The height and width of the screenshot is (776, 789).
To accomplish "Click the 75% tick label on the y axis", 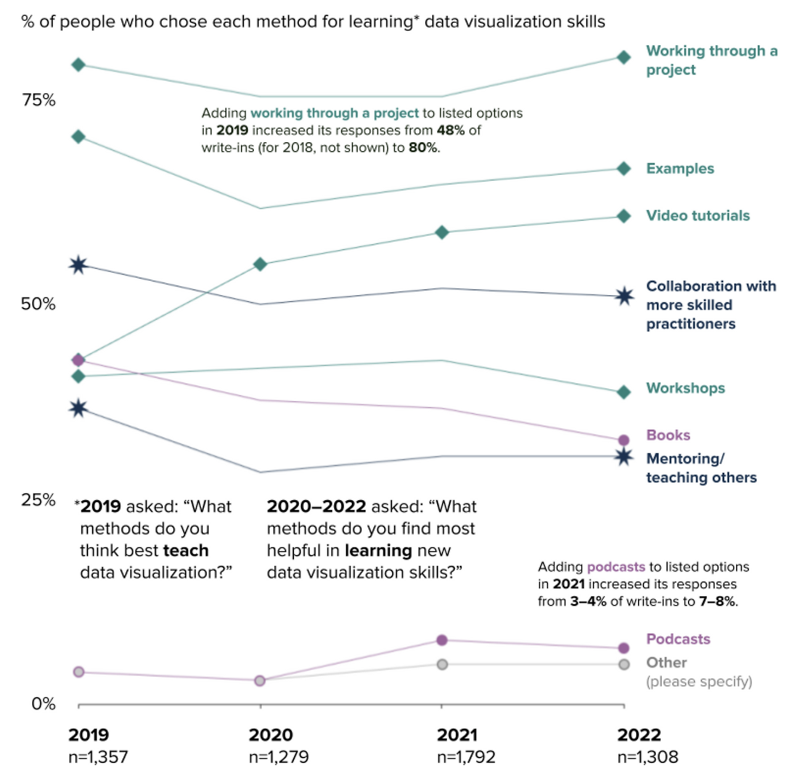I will (38, 100).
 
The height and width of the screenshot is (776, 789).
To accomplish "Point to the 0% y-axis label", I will (43, 703).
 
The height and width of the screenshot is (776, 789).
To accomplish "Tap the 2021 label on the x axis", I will (457, 735).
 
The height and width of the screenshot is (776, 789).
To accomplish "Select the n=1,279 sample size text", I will (279, 757).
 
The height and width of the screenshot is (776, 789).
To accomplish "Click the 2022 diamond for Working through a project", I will (624, 57).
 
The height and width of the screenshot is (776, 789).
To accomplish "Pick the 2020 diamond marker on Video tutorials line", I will (260, 265).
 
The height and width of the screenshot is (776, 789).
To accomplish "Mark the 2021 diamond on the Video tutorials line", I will (442, 232).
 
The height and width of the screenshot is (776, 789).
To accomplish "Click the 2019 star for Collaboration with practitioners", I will (78, 265).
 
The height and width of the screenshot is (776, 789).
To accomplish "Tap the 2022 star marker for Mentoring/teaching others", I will (624, 456).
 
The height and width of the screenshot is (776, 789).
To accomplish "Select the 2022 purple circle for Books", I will (624, 440).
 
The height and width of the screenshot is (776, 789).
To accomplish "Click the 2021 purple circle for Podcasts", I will (442, 641).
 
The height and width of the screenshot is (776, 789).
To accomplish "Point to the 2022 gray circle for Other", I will (624, 665).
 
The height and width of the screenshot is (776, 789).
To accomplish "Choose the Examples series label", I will (680, 169).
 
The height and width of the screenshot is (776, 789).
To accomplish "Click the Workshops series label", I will (685, 388).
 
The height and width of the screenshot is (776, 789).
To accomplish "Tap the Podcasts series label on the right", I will (678, 639).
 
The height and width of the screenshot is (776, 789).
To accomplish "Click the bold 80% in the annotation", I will (423, 148).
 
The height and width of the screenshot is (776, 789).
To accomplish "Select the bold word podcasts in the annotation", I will (616, 567).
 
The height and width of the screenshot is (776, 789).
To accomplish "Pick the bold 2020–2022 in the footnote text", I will (316, 506).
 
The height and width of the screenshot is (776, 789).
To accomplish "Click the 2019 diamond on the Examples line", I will (78, 137).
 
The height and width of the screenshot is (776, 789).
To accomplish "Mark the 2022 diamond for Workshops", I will (624, 392).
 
